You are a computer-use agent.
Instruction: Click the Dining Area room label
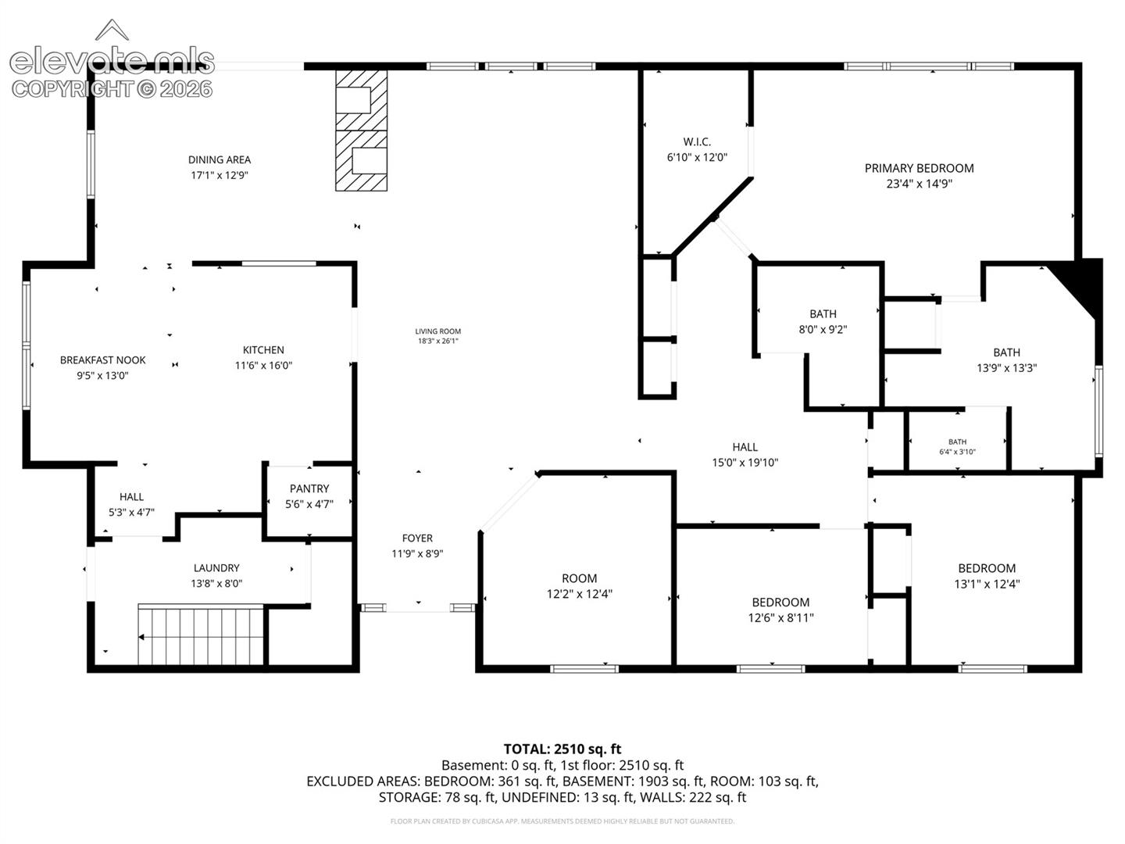[220, 160]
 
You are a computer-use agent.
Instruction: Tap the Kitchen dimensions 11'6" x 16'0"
[263, 366]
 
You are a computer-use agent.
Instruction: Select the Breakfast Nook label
[102, 360]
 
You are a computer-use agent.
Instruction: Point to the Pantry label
[309, 489]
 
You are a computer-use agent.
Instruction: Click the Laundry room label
[216, 568]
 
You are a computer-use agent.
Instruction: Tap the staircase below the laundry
[201, 635]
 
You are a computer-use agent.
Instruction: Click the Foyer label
[417, 538]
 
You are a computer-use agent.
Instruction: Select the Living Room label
[437, 331]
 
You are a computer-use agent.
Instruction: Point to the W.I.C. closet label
[697, 142]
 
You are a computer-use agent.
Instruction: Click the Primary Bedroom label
[919, 168]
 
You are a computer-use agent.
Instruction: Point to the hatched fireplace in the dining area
[361, 131]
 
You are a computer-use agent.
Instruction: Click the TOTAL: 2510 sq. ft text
[562, 749]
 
